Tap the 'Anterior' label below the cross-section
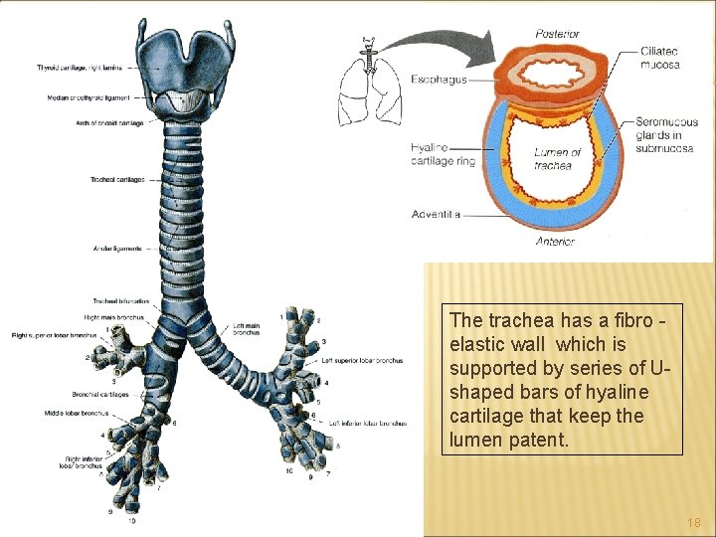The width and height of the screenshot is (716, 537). [555, 241]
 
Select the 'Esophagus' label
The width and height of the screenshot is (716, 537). [439, 79]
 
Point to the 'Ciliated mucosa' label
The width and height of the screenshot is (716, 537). [660, 59]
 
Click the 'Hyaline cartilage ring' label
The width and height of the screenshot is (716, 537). [443, 154]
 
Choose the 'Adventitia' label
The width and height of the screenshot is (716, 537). [436, 214]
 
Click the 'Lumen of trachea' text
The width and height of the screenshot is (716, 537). [557, 158]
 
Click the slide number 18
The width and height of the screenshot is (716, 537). [694, 522]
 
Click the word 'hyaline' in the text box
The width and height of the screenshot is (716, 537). [615, 393]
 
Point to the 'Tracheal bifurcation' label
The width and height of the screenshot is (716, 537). [120, 300]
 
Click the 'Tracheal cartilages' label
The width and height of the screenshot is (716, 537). [117, 180]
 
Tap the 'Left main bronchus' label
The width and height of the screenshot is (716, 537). [247, 329]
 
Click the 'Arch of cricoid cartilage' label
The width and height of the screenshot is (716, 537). [109, 123]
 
